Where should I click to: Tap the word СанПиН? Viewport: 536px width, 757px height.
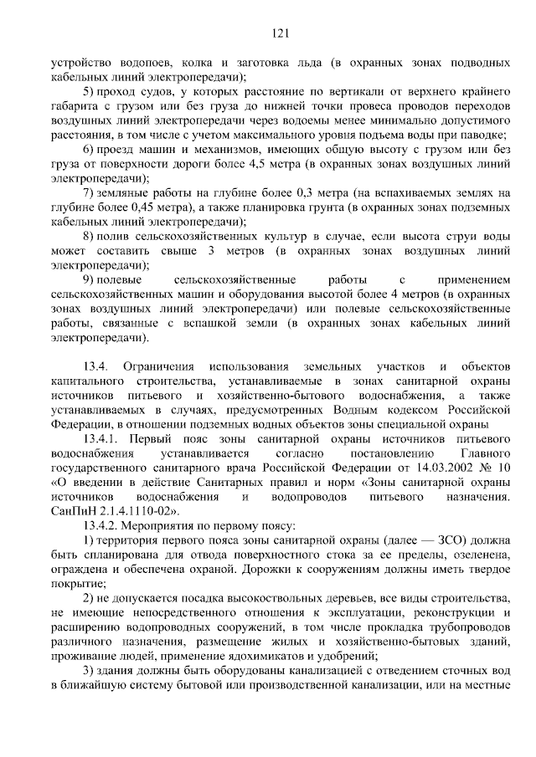[x=74, y=510]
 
